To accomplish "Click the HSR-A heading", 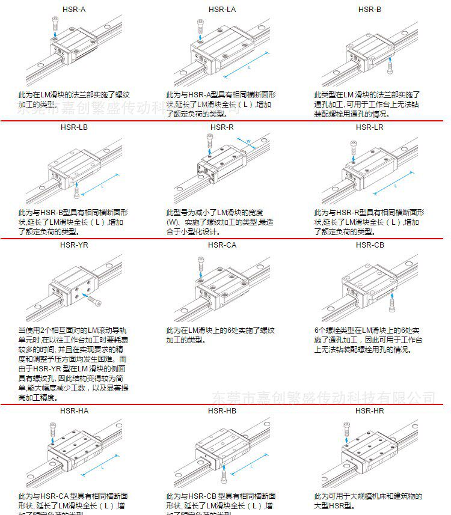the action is [x=74, y=9].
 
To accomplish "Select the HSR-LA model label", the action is [x=222, y=9].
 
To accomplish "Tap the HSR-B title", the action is [x=369, y=9].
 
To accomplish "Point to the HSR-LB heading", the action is [x=74, y=127].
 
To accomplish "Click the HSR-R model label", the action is [x=222, y=127].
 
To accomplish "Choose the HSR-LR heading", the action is [x=369, y=127].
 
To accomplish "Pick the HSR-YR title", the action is [x=74, y=245].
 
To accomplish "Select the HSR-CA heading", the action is [x=222, y=245].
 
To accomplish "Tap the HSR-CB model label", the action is [x=369, y=245].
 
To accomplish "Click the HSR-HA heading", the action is [x=74, y=410].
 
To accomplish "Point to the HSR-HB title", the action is [x=222, y=410].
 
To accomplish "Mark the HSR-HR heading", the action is [x=369, y=410].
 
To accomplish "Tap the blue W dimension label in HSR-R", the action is [x=248, y=142].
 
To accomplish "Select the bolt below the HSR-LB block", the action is [x=76, y=192].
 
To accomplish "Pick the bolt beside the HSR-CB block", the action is [x=392, y=307].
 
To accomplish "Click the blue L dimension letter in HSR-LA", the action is [x=249, y=69].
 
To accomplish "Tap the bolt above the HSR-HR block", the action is [x=346, y=427].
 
